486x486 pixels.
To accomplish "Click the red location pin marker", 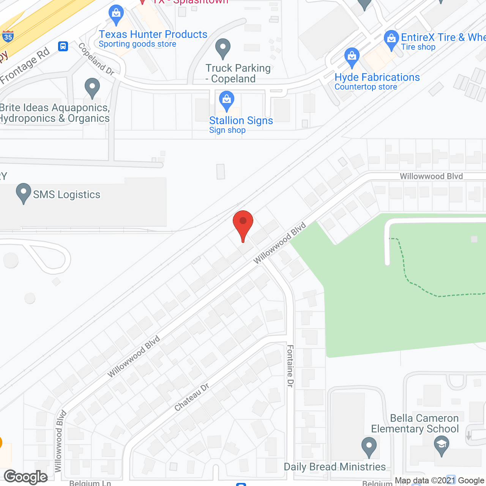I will coord(243,224).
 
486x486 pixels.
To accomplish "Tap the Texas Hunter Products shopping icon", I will coord(116,14).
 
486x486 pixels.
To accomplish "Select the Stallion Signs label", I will coord(241,120).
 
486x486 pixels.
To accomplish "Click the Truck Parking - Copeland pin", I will coord(223,48).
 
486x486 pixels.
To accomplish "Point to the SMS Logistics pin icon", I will coord(24,193).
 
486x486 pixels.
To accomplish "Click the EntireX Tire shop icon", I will coord(391,39).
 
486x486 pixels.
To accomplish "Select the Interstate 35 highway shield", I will coord(8,36).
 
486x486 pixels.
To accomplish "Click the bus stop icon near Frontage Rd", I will coord(63,46).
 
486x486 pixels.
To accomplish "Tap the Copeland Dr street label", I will coord(96,59).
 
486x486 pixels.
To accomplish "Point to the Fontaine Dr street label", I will coord(290,366).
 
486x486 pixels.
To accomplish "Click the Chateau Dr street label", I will coord(192,397).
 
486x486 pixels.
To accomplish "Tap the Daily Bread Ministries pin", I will coord(369,447).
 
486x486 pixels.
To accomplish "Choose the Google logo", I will coord(26,477).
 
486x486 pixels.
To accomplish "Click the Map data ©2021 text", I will coord(425,481).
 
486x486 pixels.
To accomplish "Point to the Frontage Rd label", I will coord(25,66).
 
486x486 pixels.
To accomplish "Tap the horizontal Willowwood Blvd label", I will coord(431,176).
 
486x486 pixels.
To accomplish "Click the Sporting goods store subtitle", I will coord(137,44).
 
